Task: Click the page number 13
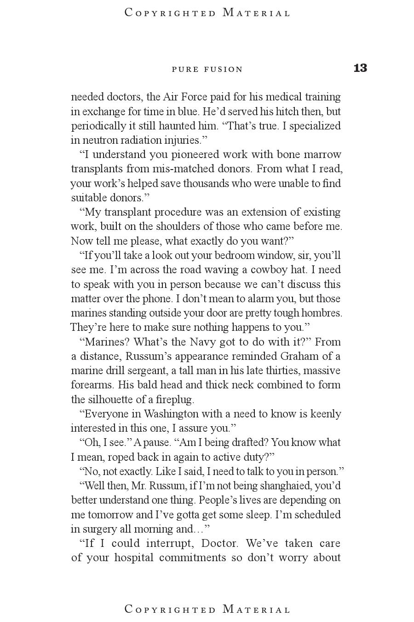point(360,68)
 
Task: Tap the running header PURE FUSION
point(207,70)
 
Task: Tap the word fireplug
point(175,399)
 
